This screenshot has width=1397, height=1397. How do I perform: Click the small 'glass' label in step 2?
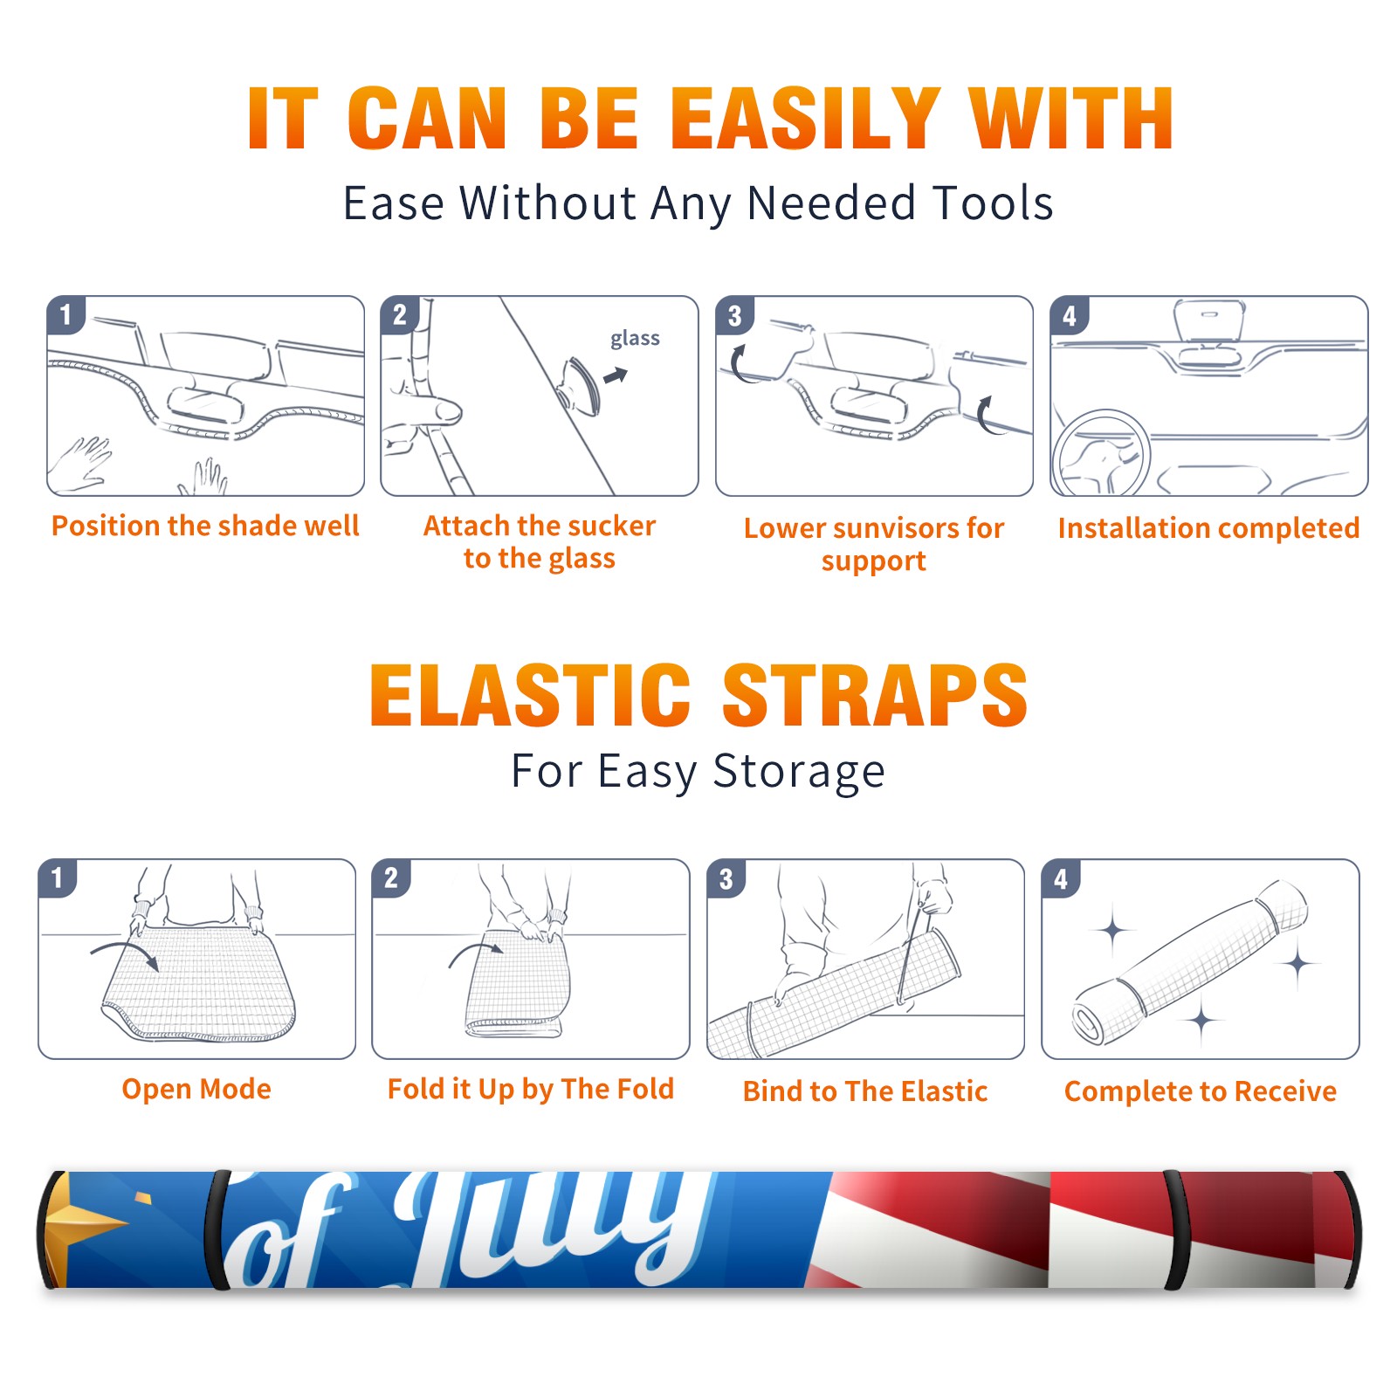point(635,339)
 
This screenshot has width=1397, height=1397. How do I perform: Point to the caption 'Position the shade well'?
point(205,526)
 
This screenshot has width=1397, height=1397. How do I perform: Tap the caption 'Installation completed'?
point(1208,527)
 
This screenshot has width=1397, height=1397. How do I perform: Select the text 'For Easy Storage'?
point(698,771)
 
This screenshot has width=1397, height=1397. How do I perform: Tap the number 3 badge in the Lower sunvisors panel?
point(735,315)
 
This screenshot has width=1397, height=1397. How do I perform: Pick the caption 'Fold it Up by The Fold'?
point(531,1089)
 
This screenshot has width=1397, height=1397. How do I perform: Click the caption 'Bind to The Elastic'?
point(865,1091)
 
